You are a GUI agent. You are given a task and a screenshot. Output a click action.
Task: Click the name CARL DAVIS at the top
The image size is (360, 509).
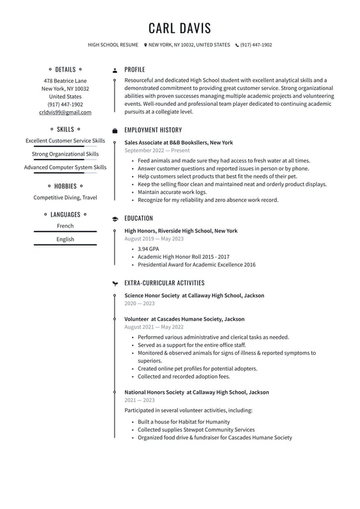point(180,28)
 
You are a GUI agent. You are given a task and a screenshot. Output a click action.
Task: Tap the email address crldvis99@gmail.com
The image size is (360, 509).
point(66,113)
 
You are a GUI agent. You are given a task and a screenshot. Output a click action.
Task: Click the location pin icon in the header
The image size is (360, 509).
point(146,45)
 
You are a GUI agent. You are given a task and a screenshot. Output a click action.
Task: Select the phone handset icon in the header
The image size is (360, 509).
point(238,45)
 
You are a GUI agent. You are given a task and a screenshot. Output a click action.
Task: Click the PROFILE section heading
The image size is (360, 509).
point(134,69)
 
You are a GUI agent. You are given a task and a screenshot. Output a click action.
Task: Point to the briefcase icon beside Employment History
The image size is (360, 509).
point(115,130)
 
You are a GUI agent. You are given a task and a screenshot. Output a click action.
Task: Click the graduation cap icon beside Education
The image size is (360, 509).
point(115,218)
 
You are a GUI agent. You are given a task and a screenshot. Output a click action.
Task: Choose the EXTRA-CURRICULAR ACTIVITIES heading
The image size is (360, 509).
point(164,283)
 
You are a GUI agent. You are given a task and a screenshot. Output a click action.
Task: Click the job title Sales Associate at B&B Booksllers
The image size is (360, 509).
point(179,142)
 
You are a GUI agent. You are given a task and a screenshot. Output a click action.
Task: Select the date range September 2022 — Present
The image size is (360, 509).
point(157,151)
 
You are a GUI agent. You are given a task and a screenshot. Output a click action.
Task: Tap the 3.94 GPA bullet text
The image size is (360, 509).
point(148,249)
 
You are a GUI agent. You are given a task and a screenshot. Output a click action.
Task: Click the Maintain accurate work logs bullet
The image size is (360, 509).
point(172,192)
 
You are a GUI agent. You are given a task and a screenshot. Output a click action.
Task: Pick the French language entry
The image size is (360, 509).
point(66,226)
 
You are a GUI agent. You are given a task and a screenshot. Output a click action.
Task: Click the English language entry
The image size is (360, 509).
point(66,240)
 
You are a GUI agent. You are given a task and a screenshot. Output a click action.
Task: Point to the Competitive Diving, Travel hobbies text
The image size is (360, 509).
point(66,197)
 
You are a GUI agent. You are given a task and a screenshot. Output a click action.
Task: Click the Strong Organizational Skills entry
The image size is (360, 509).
point(66,154)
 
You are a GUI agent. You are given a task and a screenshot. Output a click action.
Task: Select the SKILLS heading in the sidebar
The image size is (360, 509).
point(66,130)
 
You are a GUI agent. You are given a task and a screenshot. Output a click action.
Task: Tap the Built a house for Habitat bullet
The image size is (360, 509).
point(184,422)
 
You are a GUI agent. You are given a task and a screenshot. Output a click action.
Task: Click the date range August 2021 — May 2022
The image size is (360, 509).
point(154,327)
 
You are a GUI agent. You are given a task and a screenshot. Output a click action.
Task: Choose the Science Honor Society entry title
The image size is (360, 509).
point(194,295)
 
